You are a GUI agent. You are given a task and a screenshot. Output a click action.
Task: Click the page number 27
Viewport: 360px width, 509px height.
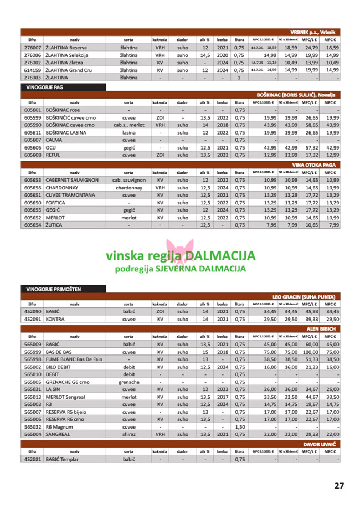pyautogui.click(x=339, y=486)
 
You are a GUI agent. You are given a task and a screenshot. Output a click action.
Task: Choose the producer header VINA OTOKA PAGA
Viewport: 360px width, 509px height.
pyautogui.click(x=316, y=165)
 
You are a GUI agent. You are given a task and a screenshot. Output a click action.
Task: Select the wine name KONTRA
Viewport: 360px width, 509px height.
pyautogui.click(x=56, y=320)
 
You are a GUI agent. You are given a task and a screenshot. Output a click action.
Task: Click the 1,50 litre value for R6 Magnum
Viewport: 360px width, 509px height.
pyautogui.click(x=239, y=427)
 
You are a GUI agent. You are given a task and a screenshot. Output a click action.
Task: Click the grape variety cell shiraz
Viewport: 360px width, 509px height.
pyautogui.click(x=128, y=434)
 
